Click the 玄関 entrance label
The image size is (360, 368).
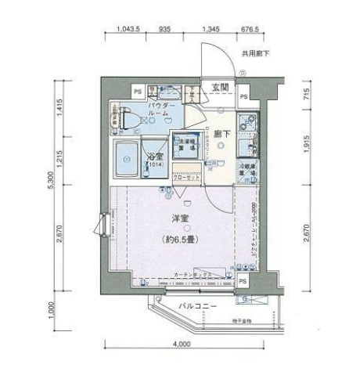220,88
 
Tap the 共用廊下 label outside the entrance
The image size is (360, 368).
255,54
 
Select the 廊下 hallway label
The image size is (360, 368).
221,135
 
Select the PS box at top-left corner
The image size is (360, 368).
115,91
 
